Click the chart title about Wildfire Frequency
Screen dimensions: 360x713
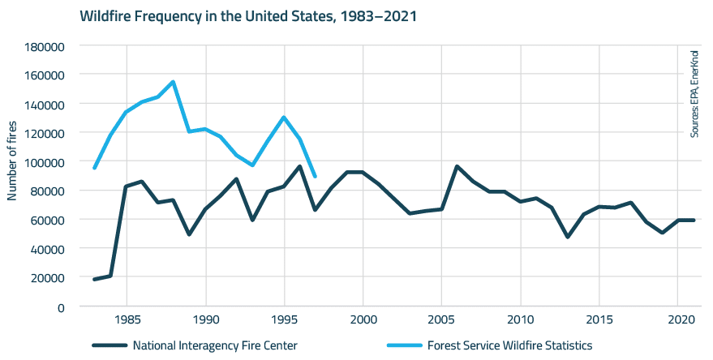tap(248, 15)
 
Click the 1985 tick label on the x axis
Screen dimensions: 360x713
tap(127, 319)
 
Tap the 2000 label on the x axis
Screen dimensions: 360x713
tap(363, 319)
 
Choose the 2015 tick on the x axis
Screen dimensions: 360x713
tap(599, 319)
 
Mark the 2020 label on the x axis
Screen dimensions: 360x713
tap(677, 319)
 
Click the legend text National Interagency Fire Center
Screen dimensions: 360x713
tap(215, 345)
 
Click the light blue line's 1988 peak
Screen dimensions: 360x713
tap(174, 82)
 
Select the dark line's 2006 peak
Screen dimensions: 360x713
tap(457, 166)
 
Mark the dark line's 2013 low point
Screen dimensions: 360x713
tap(567, 237)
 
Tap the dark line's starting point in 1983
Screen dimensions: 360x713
tap(95, 279)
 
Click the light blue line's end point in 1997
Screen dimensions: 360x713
tap(315, 176)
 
